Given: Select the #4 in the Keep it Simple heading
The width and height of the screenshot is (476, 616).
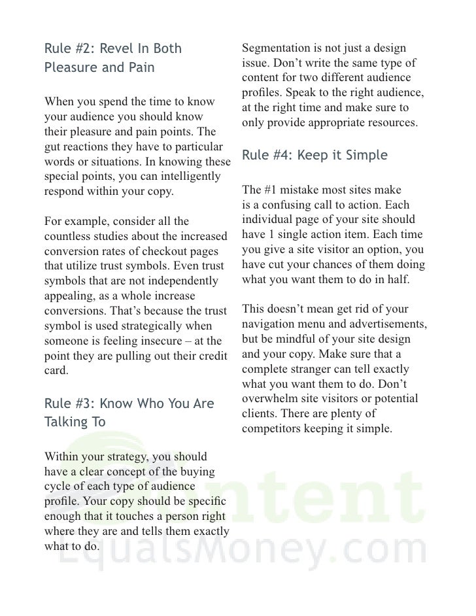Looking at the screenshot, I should click(282, 156).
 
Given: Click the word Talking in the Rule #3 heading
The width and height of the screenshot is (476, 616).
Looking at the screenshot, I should click(66, 422).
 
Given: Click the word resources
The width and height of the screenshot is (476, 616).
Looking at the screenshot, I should click(387, 122).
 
